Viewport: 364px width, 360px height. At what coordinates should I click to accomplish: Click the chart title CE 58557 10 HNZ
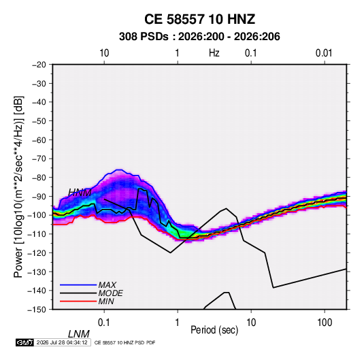click(x=199, y=19)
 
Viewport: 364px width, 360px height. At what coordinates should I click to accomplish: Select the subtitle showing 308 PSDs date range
click(x=199, y=37)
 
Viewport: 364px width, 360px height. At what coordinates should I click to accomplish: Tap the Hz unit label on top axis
click(x=214, y=53)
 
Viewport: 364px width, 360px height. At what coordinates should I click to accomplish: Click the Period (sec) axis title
click(x=214, y=330)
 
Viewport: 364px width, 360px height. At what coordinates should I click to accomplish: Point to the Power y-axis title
click(x=18, y=187)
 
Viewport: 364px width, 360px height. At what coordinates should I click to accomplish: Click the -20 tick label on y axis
click(x=39, y=65)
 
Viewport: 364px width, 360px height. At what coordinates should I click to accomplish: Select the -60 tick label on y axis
click(x=39, y=140)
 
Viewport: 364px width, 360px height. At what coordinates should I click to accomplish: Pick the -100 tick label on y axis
click(x=37, y=215)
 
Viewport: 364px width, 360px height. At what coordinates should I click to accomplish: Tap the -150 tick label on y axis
click(x=37, y=310)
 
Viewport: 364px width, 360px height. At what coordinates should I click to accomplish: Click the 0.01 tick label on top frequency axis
click(x=324, y=53)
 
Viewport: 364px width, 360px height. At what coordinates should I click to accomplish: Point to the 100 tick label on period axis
click(x=325, y=323)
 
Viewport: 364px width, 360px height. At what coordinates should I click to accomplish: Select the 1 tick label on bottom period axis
click(x=177, y=323)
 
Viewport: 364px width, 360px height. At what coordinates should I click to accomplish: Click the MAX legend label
click(x=107, y=284)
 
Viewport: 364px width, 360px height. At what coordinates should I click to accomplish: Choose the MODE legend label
click(x=110, y=293)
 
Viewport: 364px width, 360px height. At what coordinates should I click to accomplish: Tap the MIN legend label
click(x=106, y=301)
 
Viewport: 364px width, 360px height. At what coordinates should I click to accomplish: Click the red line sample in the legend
click(x=78, y=301)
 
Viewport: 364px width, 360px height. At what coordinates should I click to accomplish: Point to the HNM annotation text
click(x=80, y=193)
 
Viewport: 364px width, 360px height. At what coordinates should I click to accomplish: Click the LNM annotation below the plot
click(x=79, y=334)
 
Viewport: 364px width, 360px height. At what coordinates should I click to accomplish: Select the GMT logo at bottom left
click(x=25, y=342)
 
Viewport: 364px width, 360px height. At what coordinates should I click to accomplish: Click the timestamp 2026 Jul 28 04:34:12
click(x=62, y=342)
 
